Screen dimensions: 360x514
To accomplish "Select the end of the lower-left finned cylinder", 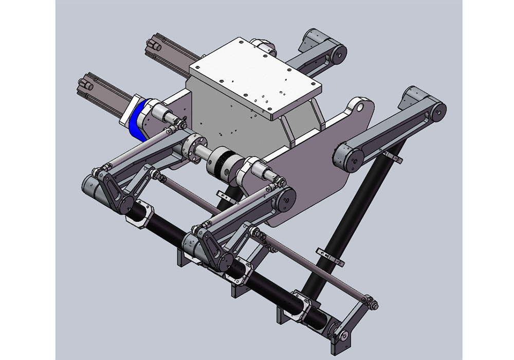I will (85, 84).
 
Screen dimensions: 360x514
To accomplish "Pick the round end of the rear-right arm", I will (337, 53).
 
